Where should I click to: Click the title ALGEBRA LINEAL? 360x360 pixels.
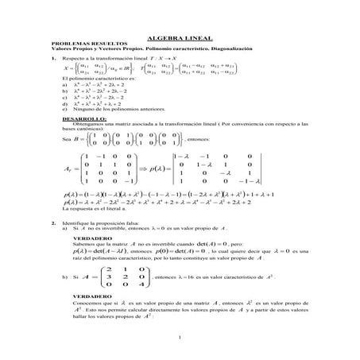click(180, 38)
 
